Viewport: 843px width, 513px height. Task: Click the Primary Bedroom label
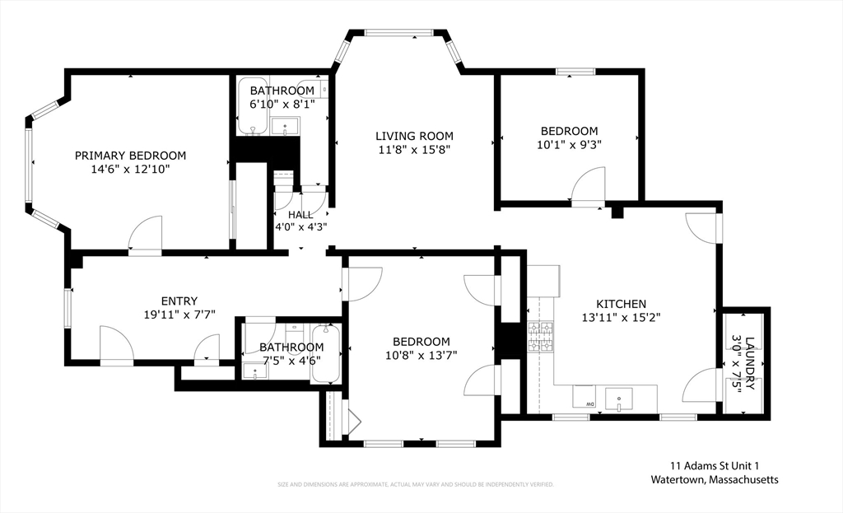130,156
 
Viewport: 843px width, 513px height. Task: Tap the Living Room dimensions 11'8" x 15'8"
414,150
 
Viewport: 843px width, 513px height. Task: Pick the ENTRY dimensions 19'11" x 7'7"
179,315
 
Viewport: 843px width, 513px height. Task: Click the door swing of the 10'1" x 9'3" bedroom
589,185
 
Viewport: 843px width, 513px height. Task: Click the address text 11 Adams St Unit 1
714,465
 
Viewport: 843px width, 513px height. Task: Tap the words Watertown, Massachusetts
714,479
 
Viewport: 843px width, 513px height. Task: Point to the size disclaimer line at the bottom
415,484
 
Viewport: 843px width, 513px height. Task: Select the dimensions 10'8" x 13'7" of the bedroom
421,355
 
